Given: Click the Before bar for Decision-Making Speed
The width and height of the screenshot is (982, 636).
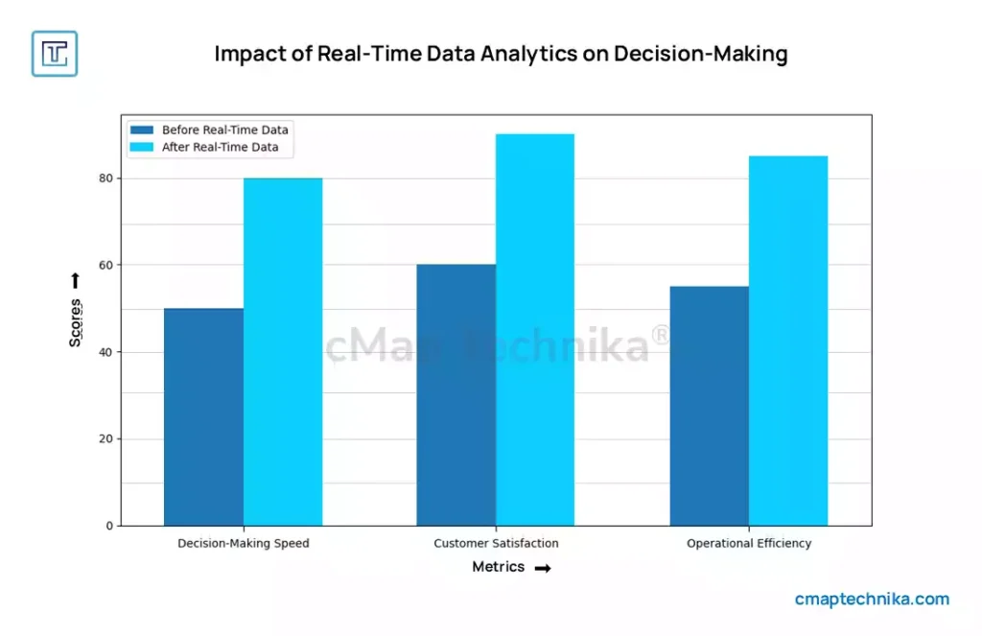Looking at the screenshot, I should (x=203, y=417).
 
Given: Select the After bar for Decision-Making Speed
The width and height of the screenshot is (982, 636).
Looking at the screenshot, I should (x=283, y=352).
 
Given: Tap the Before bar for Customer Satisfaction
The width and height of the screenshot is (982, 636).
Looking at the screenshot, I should (x=456, y=395).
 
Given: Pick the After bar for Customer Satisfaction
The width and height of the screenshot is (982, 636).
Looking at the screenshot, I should (x=535, y=330).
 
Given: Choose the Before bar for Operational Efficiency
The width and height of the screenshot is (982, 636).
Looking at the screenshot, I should (x=709, y=406).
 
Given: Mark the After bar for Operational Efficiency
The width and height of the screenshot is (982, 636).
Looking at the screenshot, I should (x=788, y=341).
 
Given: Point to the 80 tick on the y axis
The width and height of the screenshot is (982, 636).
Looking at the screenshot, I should (x=105, y=178).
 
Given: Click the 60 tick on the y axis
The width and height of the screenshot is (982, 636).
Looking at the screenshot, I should (x=105, y=265).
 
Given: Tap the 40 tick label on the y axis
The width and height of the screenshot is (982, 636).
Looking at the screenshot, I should (x=105, y=352).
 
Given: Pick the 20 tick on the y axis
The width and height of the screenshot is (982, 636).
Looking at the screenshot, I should (x=105, y=439).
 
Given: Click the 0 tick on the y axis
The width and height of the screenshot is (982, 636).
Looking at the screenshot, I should (x=109, y=526).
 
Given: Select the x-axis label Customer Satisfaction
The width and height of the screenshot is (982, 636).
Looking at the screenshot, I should (x=496, y=544).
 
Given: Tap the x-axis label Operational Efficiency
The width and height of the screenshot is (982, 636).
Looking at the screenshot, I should (x=749, y=544).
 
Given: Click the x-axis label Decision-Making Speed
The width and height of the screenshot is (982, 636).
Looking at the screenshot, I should (x=244, y=544).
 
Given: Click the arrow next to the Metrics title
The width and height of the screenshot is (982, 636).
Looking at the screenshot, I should (x=543, y=569).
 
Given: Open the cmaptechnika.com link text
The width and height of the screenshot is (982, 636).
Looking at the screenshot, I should (x=872, y=600).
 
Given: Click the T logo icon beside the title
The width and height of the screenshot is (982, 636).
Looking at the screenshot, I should (x=55, y=54).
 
